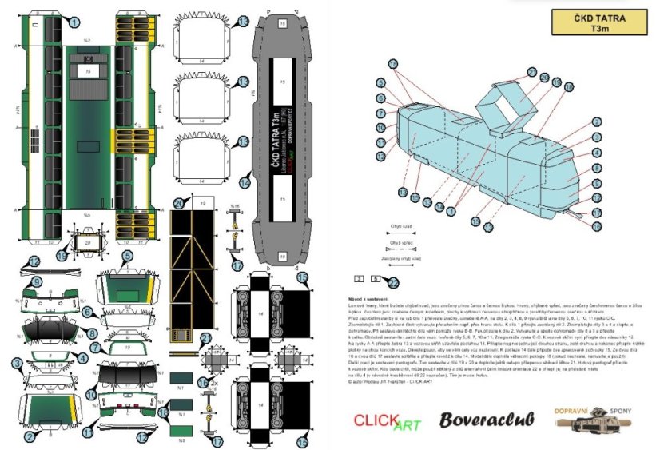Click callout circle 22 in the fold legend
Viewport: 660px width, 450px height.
coord(392,281)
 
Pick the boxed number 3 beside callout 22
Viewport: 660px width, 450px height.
coord(358,278)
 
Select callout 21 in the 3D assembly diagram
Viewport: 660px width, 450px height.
coord(531,72)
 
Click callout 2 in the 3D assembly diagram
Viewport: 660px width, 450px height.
coord(596,122)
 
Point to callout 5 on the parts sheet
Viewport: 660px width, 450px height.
coord(127,256)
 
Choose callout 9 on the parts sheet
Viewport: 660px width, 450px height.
coord(35,281)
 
